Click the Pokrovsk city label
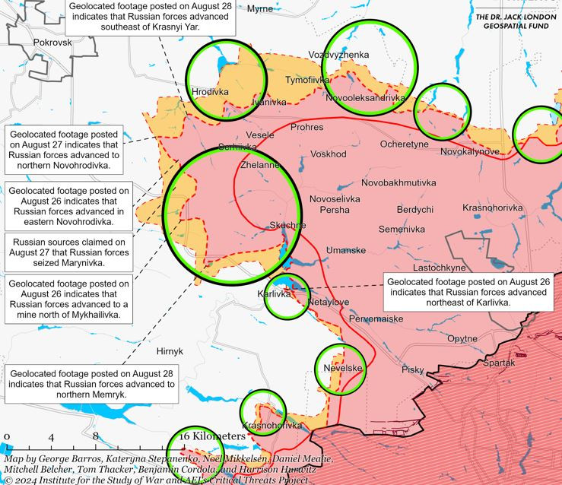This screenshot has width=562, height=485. [53, 43]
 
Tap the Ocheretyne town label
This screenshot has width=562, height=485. [404, 144]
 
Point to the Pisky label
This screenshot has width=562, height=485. [412, 369]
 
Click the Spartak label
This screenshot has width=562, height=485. [499, 363]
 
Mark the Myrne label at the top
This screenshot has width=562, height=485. [259, 8]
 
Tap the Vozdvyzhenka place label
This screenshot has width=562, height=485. [338, 55]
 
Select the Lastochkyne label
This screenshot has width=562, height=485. [439, 268]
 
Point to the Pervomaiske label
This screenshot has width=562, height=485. [376, 319]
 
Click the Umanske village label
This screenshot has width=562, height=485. [345, 250]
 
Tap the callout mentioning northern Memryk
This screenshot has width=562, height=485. [91, 379]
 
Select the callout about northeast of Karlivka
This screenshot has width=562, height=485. [468, 292]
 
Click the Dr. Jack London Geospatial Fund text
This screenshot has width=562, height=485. [515, 21]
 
